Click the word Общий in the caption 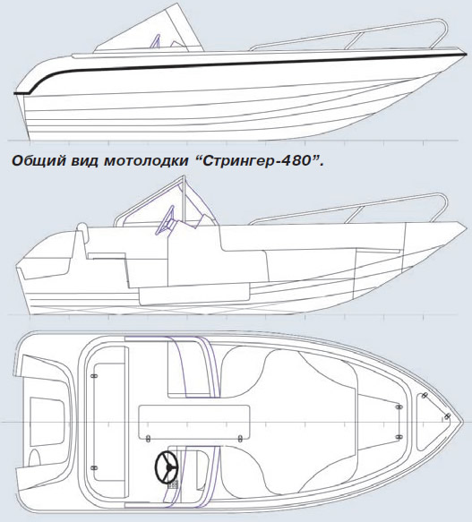pyautogui.click(x=38, y=161)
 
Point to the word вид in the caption pyautogui.click(x=84, y=161)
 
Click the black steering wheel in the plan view pyautogui.click(x=167, y=466)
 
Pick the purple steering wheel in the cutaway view pyautogui.click(x=164, y=221)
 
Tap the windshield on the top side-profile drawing pyautogui.click(x=150, y=29)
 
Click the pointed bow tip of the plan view pyautogui.click(x=463, y=422)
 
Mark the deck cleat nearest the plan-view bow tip pyautogui.click(x=447, y=416)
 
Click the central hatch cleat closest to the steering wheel pyautogui.click(x=149, y=439)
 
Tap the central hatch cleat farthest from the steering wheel pyautogui.click(x=240, y=439)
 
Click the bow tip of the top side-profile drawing pyautogui.click(x=466, y=55)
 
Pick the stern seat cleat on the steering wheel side pyautogui.click(x=94, y=467)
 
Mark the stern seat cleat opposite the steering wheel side pyautogui.click(x=94, y=376)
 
